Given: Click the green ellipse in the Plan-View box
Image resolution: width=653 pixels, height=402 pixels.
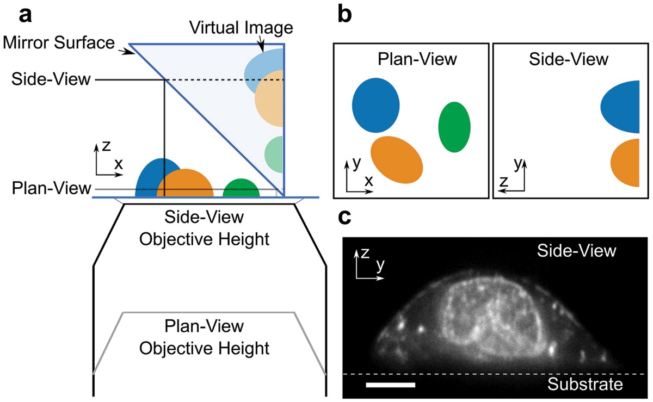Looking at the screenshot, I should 454,127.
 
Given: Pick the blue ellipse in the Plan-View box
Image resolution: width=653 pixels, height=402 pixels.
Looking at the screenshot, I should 375,105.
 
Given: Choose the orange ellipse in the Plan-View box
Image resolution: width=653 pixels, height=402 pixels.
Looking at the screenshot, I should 397,159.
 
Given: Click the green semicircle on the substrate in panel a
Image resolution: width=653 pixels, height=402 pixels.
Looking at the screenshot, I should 241,188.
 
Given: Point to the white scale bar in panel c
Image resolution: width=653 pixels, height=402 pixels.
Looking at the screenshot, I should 390,385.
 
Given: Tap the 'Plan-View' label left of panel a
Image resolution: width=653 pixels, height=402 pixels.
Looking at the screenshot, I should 52,189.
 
